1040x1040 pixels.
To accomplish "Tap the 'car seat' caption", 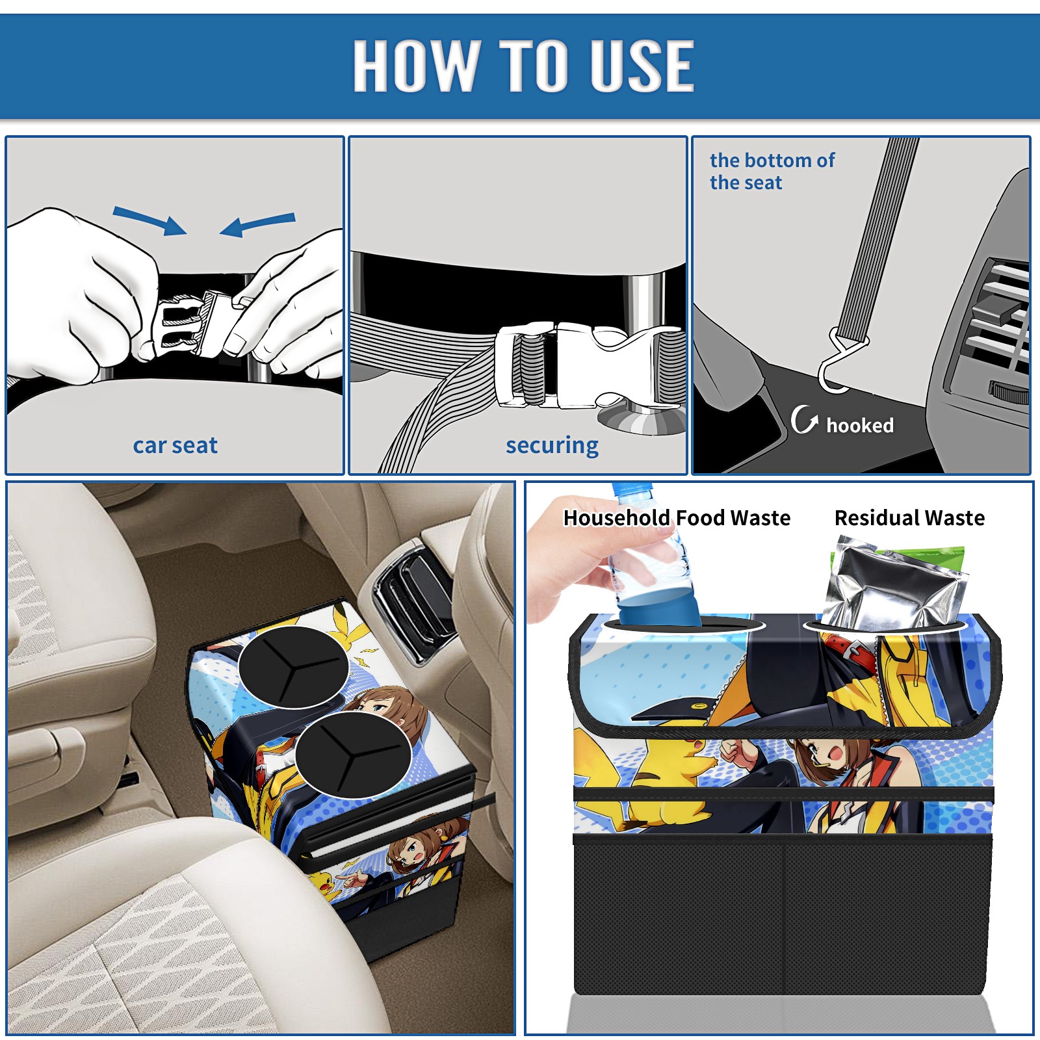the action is pyautogui.click(x=175, y=445).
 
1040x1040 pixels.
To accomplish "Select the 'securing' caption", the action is pyautogui.click(x=552, y=445).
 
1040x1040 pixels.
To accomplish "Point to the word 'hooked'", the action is pyautogui.click(x=860, y=425).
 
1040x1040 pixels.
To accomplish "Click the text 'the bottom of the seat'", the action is pyautogui.click(x=772, y=171).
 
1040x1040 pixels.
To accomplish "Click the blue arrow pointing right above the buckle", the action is pyautogui.click(x=149, y=220).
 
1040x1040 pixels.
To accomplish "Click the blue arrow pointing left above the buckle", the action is pyautogui.click(x=257, y=224).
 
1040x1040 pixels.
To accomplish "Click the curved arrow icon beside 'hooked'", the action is pyautogui.click(x=803, y=419).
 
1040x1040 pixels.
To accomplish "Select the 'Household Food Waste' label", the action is pyautogui.click(x=677, y=517).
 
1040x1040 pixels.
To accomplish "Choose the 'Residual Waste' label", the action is pyautogui.click(x=909, y=517).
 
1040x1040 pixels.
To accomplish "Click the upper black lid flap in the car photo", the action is pyautogui.click(x=294, y=666).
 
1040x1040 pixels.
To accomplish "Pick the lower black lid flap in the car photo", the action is pyautogui.click(x=352, y=754).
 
